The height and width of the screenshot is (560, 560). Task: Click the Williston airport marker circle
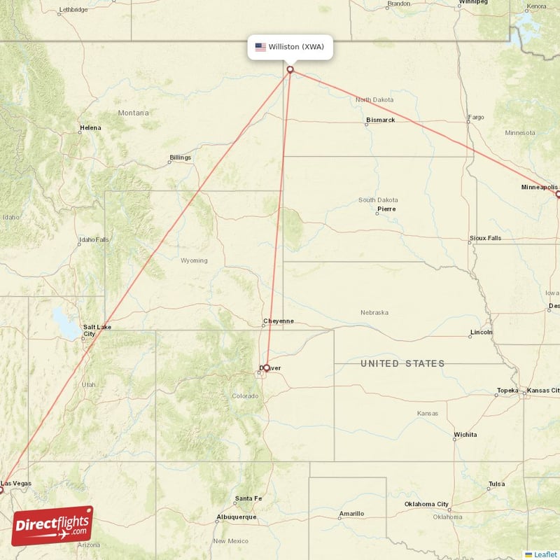290,69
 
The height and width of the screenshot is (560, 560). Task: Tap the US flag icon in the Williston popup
260,47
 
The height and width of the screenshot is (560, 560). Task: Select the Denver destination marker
266,367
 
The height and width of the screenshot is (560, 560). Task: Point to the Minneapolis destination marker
558,194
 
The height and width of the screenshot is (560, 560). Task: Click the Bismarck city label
380,120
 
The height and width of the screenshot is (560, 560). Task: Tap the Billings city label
180,157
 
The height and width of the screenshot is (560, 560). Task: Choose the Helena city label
90,128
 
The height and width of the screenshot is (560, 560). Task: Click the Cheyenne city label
278,321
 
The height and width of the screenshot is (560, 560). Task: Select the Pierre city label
386,209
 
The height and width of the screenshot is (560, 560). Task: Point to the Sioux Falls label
485,238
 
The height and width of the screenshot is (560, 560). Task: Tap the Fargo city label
476,117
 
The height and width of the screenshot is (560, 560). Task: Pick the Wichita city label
465,435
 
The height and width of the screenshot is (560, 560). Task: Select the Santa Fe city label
248,498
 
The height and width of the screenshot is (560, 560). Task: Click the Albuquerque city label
236,517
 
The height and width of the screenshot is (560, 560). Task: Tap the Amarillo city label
351,514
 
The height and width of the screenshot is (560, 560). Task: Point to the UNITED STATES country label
402,363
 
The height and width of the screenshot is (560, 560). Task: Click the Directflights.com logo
52,526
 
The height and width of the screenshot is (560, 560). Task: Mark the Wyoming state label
194,260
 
